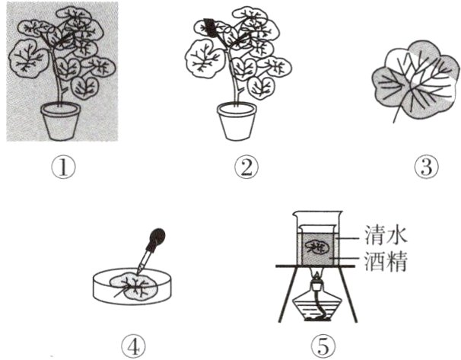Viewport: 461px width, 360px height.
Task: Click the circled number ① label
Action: [x=63, y=167]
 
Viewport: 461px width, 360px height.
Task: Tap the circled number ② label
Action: [x=246, y=167]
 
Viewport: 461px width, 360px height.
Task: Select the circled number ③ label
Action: [x=426, y=167]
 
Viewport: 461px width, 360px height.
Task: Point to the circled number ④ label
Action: [x=133, y=346]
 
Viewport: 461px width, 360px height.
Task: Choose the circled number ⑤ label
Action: [x=323, y=346]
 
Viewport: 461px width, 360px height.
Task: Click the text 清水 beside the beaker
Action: [x=386, y=234]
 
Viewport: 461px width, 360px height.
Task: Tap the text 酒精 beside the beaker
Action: [x=386, y=261]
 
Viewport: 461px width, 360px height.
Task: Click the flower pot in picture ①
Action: [x=60, y=121]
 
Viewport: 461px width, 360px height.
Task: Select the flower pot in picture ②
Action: [x=237, y=121]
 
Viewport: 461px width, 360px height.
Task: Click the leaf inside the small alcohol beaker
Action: [x=316, y=247]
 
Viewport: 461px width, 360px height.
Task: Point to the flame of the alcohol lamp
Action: [x=316, y=276]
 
